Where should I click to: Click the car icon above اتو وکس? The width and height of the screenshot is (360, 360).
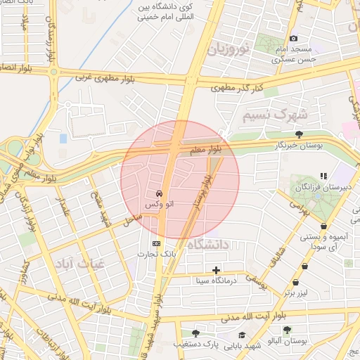160,193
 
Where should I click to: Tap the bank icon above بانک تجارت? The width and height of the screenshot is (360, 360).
156,243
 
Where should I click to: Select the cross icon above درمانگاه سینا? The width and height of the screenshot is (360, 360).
216,270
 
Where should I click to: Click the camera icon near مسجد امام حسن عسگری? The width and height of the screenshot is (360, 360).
293,38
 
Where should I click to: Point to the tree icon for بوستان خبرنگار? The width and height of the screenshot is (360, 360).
300,134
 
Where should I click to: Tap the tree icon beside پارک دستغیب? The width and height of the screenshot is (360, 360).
195,333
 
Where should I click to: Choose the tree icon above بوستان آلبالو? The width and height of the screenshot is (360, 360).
287,330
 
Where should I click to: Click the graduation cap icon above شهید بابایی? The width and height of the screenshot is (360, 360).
243,335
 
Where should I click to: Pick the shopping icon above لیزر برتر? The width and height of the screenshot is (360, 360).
305,266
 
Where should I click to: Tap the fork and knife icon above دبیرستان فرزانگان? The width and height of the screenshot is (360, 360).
323,176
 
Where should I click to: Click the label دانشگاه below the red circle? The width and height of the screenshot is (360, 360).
212,245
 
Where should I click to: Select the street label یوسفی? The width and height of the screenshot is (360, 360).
255,283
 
